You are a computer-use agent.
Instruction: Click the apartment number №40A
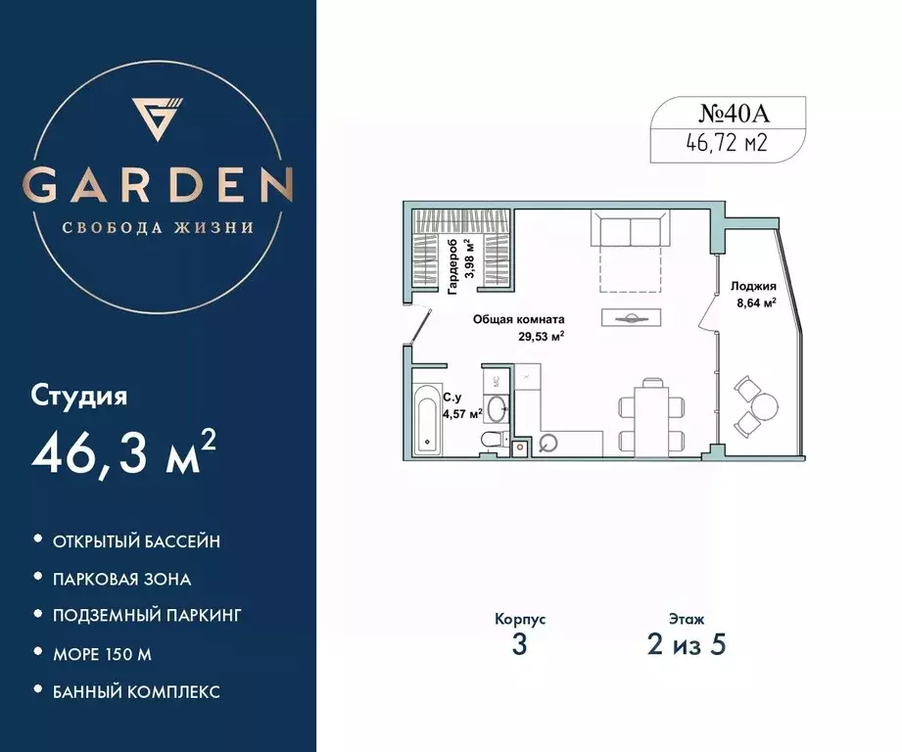[x=727, y=113]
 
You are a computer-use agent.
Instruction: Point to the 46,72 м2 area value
[x=727, y=145]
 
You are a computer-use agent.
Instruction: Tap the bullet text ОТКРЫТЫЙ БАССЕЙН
[x=136, y=540]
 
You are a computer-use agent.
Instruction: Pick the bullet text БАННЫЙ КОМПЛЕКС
[x=136, y=691]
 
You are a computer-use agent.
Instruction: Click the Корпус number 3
[x=519, y=646]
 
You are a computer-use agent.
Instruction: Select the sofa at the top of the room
[x=631, y=233]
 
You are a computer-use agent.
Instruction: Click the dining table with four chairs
[x=647, y=417]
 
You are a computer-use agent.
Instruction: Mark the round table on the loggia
[x=764, y=403]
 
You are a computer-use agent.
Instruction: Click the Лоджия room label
[x=753, y=286]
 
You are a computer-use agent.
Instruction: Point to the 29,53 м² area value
[x=541, y=336]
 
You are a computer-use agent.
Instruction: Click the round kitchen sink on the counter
[x=549, y=443]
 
